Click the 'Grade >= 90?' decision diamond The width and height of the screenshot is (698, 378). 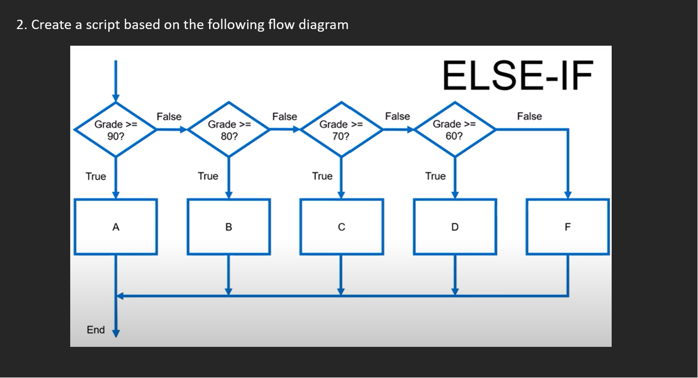point(115,130)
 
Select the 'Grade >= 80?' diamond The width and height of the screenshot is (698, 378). point(229,130)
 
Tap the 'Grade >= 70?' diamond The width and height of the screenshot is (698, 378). point(341,130)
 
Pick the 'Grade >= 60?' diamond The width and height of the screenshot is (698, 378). point(454,130)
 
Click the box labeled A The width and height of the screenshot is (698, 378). point(115,227)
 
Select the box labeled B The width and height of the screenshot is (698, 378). point(229,227)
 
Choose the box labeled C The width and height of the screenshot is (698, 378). point(341,227)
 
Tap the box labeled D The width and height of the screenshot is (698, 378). point(455,227)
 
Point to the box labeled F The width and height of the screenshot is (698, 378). point(567,227)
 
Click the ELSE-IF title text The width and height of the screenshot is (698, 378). point(517,76)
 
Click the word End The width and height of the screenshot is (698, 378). point(96,330)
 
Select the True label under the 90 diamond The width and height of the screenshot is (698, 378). point(96,177)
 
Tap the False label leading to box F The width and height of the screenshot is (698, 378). point(529,116)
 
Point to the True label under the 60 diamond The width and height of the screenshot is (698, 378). point(435,176)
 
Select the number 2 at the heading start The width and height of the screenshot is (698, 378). point(20,25)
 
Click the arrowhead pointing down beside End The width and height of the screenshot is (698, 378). point(116,332)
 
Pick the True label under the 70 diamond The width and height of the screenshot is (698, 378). point(322,176)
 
